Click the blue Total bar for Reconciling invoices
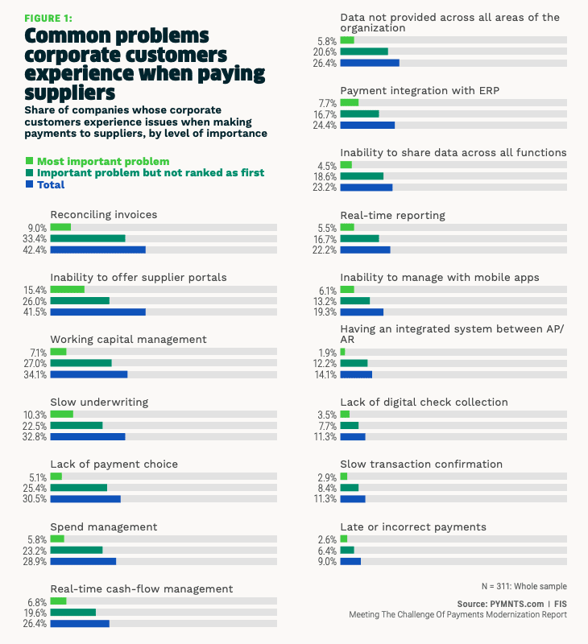click(x=97, y=250)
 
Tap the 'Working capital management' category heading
click(x=129, y=339)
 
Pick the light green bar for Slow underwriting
click(x=61, y=414)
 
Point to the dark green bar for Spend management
click(x=77, y=550)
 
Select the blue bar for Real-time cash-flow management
click(x=80, y=623)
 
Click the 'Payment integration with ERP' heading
click(x=420, y=90)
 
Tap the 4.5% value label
click(x=327, y=165)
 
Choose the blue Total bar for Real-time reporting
click(x=365, y=250)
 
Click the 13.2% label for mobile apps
click(x=327, y=300)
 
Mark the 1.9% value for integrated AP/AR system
click(x=327, y=352)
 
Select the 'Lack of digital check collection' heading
click(x=424, y=402)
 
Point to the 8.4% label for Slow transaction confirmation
click(x=327, y=487)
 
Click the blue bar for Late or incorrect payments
click(x=350, y=561)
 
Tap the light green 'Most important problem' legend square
click(x=30, y=161)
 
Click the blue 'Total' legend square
click(x=30, y=184)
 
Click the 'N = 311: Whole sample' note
click(x=522, y=586)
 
